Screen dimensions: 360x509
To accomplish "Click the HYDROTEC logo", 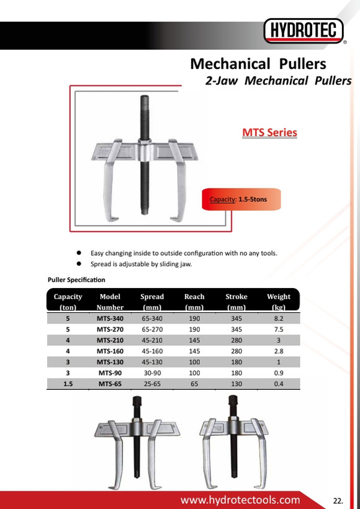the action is (304, 30).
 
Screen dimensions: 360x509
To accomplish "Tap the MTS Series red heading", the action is (270, 132).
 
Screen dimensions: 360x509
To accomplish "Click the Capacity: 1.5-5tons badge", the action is (241, 199).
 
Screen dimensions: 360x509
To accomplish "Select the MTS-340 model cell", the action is (110, 318).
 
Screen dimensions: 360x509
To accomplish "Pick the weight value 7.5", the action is (279, 330).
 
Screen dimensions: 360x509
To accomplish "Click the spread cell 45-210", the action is (152, 340).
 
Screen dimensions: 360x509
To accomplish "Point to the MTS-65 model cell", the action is (110, 384).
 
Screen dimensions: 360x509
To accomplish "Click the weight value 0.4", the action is (279, 384).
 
